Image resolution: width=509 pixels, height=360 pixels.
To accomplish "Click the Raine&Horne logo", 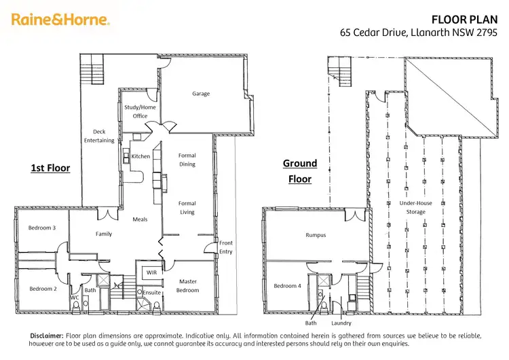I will [60, 20].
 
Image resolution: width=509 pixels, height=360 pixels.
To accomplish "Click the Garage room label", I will [200, 94].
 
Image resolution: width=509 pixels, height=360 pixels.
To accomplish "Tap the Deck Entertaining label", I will [99, 136].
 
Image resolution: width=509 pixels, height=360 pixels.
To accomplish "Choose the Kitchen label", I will [140, 156].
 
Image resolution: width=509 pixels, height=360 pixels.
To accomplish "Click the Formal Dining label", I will [187, 160].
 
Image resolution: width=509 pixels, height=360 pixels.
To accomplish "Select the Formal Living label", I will [187, 207].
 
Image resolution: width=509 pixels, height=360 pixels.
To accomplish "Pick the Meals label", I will [140, 219].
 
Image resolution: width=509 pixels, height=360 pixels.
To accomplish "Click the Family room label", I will [103, 234].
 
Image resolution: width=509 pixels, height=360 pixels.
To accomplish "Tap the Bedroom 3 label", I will [41, 228].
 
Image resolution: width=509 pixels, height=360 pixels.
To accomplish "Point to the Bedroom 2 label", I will [41, 289].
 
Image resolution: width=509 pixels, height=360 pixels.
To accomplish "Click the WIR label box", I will [151, 272].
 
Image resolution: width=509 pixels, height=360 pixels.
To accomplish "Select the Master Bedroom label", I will [188, 285].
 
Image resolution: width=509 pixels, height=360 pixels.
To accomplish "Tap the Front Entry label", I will [226, 247].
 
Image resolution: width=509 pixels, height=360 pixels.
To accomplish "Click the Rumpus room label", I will [316, 235].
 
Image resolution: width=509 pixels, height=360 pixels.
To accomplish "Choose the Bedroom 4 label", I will [288, 286].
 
